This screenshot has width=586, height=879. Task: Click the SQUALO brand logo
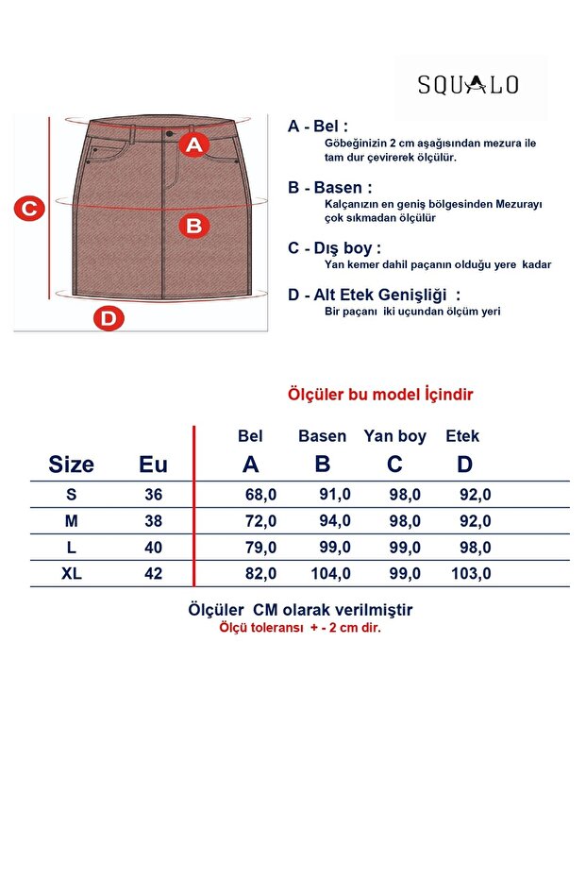468,85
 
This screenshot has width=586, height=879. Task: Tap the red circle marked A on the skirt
193,144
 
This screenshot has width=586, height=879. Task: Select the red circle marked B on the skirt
193,226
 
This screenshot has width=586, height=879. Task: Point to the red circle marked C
29,209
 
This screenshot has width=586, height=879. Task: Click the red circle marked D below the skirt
109,318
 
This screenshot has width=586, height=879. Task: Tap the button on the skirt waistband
169,133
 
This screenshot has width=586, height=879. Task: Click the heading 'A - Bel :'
318,127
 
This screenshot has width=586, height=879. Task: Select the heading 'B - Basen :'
329,187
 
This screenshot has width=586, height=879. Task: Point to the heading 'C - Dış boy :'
334,247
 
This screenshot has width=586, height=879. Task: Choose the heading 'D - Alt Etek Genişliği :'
374,295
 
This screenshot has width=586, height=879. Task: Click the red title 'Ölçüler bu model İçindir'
380,394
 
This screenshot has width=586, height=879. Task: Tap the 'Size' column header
71,465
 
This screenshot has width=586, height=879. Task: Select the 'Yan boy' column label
395,436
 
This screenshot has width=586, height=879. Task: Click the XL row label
71,573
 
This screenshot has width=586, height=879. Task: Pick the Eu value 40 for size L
153,548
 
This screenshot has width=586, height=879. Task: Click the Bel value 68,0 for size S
260,495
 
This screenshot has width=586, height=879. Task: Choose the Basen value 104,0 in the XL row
331,573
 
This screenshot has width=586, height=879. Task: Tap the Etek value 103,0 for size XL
471,573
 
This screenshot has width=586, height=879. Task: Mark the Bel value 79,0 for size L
260,548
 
